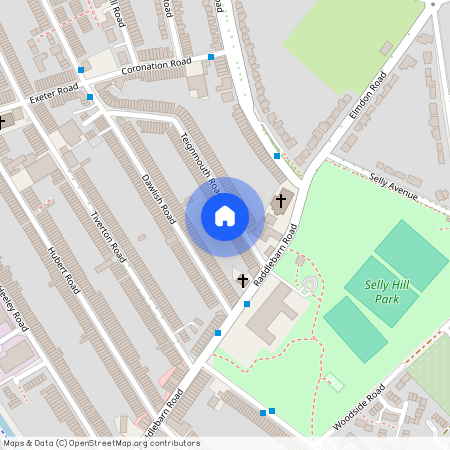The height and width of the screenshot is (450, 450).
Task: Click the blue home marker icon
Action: click(x=225, y=215)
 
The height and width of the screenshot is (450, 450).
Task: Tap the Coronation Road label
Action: click(x=155, y=67)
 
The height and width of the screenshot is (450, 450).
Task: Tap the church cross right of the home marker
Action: click(x=281, y=201)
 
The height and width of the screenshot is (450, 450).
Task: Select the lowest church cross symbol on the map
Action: click(x=243, y=279)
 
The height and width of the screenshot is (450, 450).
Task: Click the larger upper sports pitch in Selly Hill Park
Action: click(x=412, y=256)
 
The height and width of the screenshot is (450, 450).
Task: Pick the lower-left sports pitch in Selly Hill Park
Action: click(x=355, y=329)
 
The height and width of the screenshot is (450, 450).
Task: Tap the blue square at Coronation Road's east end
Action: click(x=211, y=57)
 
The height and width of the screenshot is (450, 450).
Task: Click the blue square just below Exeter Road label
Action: click(x=90, y=97)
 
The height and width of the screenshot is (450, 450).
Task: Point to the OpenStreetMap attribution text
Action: click(x=100, y=443)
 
